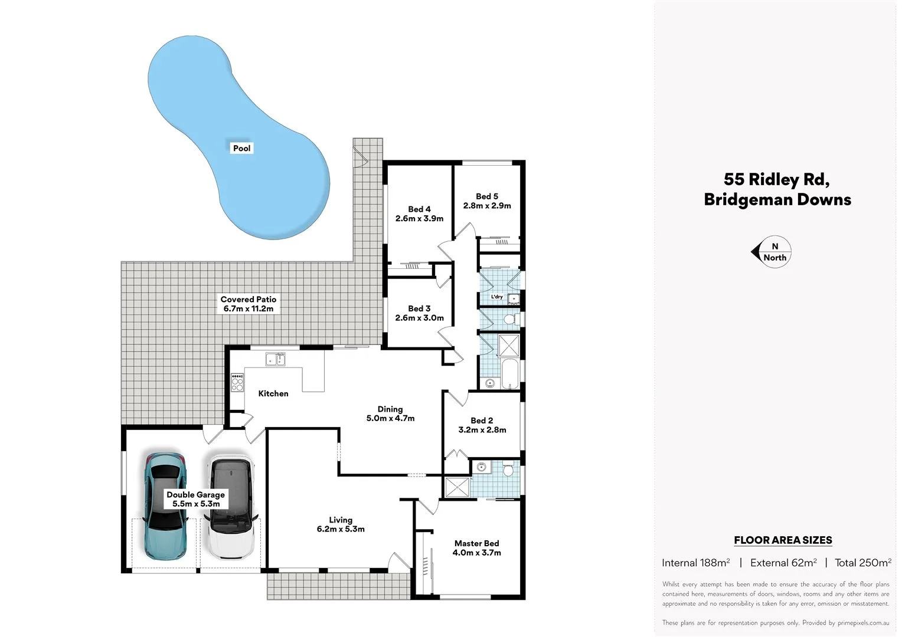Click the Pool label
click(241, 148)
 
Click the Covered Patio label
click(248, 304)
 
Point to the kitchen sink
click(275, 359)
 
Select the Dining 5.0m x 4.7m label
click(390, 413)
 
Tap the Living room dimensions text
click(341, 529)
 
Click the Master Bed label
click(476, 543)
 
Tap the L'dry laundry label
click(497, 296)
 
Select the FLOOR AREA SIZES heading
click(783, 540)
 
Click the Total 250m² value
click(862, 563)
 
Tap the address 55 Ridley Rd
click(776, 179)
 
